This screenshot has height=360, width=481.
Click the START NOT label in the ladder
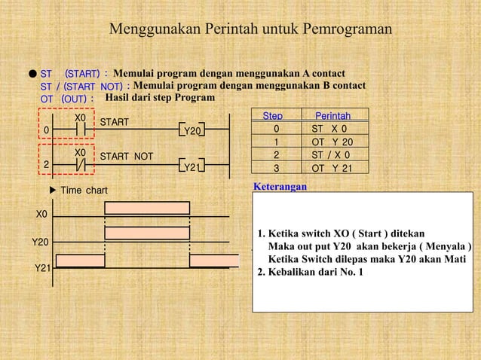(x=127, y=156)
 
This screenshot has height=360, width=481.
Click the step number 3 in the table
(x=277, y=167)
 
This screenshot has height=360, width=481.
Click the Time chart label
(x=83, y=191)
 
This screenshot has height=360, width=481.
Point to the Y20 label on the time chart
(x=41, y=242)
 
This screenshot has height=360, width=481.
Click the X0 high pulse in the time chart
(x=147, y=209)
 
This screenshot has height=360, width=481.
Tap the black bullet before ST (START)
(x=31, y=74)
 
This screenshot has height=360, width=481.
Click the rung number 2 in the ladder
(x=47, y=163)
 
